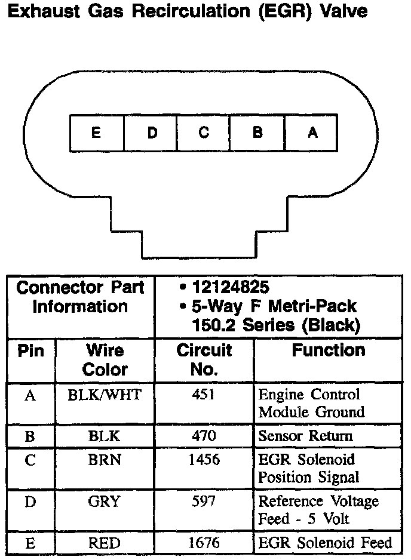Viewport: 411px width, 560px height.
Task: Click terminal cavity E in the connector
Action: (x=96, y=133)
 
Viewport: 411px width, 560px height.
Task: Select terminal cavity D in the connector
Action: (x=151, y=133)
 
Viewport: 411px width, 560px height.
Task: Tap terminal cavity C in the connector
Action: (x=204, y=133)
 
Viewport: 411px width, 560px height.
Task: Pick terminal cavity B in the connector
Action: (x=257, y=133)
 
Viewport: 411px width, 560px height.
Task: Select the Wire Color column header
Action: (x=105, y=359)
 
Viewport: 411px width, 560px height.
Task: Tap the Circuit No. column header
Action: (x=204, y=359)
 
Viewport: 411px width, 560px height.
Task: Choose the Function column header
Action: (x=328, y=350)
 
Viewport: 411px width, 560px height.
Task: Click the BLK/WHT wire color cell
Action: (x=105, y=395)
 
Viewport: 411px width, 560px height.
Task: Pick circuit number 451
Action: (x=204, y=395)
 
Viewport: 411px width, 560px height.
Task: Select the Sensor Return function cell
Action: (x=305, y=436)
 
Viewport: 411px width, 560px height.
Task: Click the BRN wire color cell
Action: (x=105, y=460)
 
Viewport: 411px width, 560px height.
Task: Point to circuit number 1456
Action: (x=204, y=460)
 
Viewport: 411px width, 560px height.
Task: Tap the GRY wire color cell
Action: (x=105, y=501)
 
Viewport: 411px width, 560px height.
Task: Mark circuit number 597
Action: (x=204, y=501)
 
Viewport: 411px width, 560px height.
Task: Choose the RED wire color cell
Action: (x=105, y=543)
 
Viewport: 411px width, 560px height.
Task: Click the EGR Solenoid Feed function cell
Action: (x=325, y=543)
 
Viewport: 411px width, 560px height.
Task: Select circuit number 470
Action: (x=204, y=436)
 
